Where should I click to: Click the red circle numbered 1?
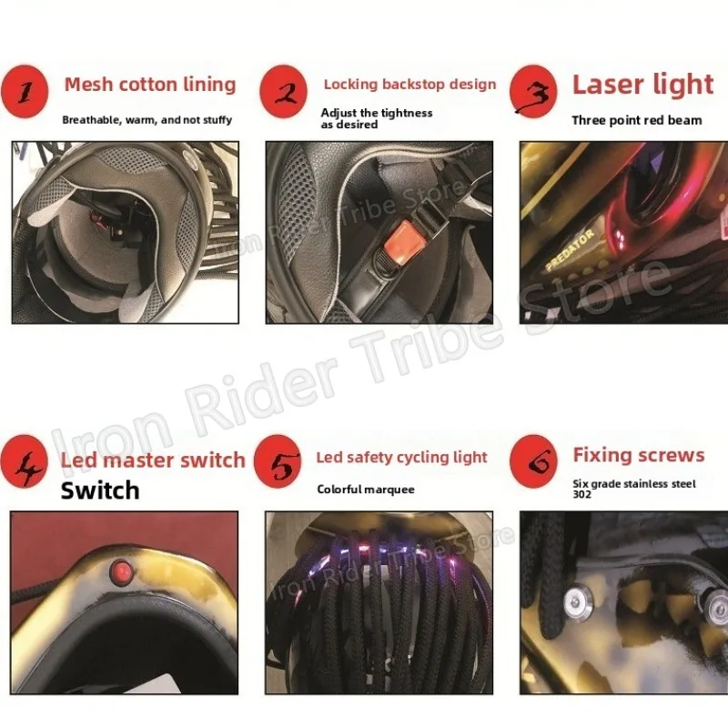[x=25, y=92]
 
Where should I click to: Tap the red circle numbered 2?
[x=284, y=91]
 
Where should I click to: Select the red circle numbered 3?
[x=533, y=92]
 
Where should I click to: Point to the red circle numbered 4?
[x=25, y=461]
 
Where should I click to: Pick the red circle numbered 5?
[x=278, y=461]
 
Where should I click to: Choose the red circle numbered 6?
[x=533, y=461]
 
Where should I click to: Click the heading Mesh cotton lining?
[x=150, y=85]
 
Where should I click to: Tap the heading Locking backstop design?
[x=410, y=85]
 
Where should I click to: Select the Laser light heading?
[x=642, y=85]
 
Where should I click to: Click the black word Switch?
[x=100, y=490]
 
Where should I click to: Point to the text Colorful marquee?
[x=366, y=490]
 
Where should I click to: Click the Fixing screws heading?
[x=639, y=455]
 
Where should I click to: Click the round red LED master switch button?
[x=122, y=571]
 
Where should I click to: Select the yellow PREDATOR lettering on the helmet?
[x=571, y=249]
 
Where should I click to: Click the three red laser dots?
[x=620, y=238]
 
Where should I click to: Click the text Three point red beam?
[x=636, y=121]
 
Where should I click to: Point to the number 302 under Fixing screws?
[x=581, y=494]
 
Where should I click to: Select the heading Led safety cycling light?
[x=401, y=458]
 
